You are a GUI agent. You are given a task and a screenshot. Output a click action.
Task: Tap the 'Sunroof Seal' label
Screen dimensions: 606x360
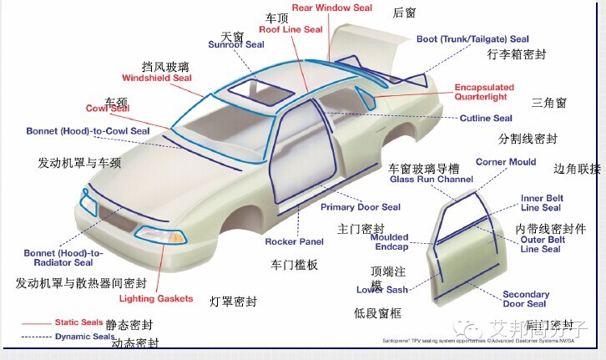click(x=236, y=45)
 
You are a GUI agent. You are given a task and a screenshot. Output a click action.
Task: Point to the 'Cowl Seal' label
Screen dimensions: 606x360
click(x=108, y=109)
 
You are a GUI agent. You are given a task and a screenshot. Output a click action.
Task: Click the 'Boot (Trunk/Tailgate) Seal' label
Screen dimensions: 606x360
click(x=472, y=39)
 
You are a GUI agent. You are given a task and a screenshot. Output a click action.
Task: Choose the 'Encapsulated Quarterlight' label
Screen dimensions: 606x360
click(x=484, y=92)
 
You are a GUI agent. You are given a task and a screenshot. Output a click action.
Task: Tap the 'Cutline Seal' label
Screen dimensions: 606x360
click(x=486, y=119)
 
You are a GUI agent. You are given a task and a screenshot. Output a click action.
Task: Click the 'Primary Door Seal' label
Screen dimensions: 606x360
click(x=361, y=207)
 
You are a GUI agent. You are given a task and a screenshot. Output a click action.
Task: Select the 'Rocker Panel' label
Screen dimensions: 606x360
click(x=294, y=242)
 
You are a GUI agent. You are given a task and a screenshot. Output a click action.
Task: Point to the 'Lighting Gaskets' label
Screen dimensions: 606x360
click(x=156, y=299)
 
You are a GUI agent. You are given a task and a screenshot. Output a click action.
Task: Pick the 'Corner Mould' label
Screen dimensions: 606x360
click(x=506, y=162)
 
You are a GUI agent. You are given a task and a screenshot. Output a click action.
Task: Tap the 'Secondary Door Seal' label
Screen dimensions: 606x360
click(x=525, y=299)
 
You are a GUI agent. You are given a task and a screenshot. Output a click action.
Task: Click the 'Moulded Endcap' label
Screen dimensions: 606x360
click(x=390, y=242)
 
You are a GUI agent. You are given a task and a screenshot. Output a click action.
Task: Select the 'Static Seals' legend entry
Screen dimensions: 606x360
click(x=78, y=322)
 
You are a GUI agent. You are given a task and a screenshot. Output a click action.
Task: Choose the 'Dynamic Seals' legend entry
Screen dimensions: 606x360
click(x=83, y=337)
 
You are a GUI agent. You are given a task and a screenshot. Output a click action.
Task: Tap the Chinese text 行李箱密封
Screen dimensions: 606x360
click(x=516, y=55)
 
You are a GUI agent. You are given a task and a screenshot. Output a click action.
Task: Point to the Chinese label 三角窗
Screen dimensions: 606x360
click(x=548, y=104)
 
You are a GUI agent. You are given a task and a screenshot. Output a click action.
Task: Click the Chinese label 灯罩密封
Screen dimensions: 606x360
click(x=233, y=302)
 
